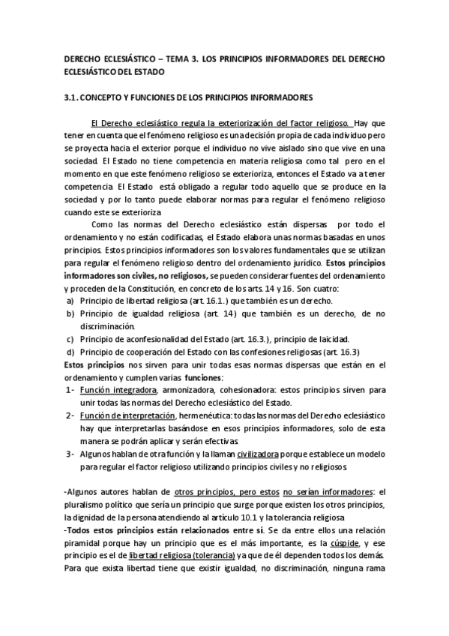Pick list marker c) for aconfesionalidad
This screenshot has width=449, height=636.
[x=70, y=339]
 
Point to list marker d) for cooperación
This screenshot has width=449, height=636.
[x=70, y=352]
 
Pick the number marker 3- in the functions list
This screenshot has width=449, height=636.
[x=69, y=454]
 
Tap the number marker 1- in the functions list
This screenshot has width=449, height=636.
[x=69, y=391]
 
